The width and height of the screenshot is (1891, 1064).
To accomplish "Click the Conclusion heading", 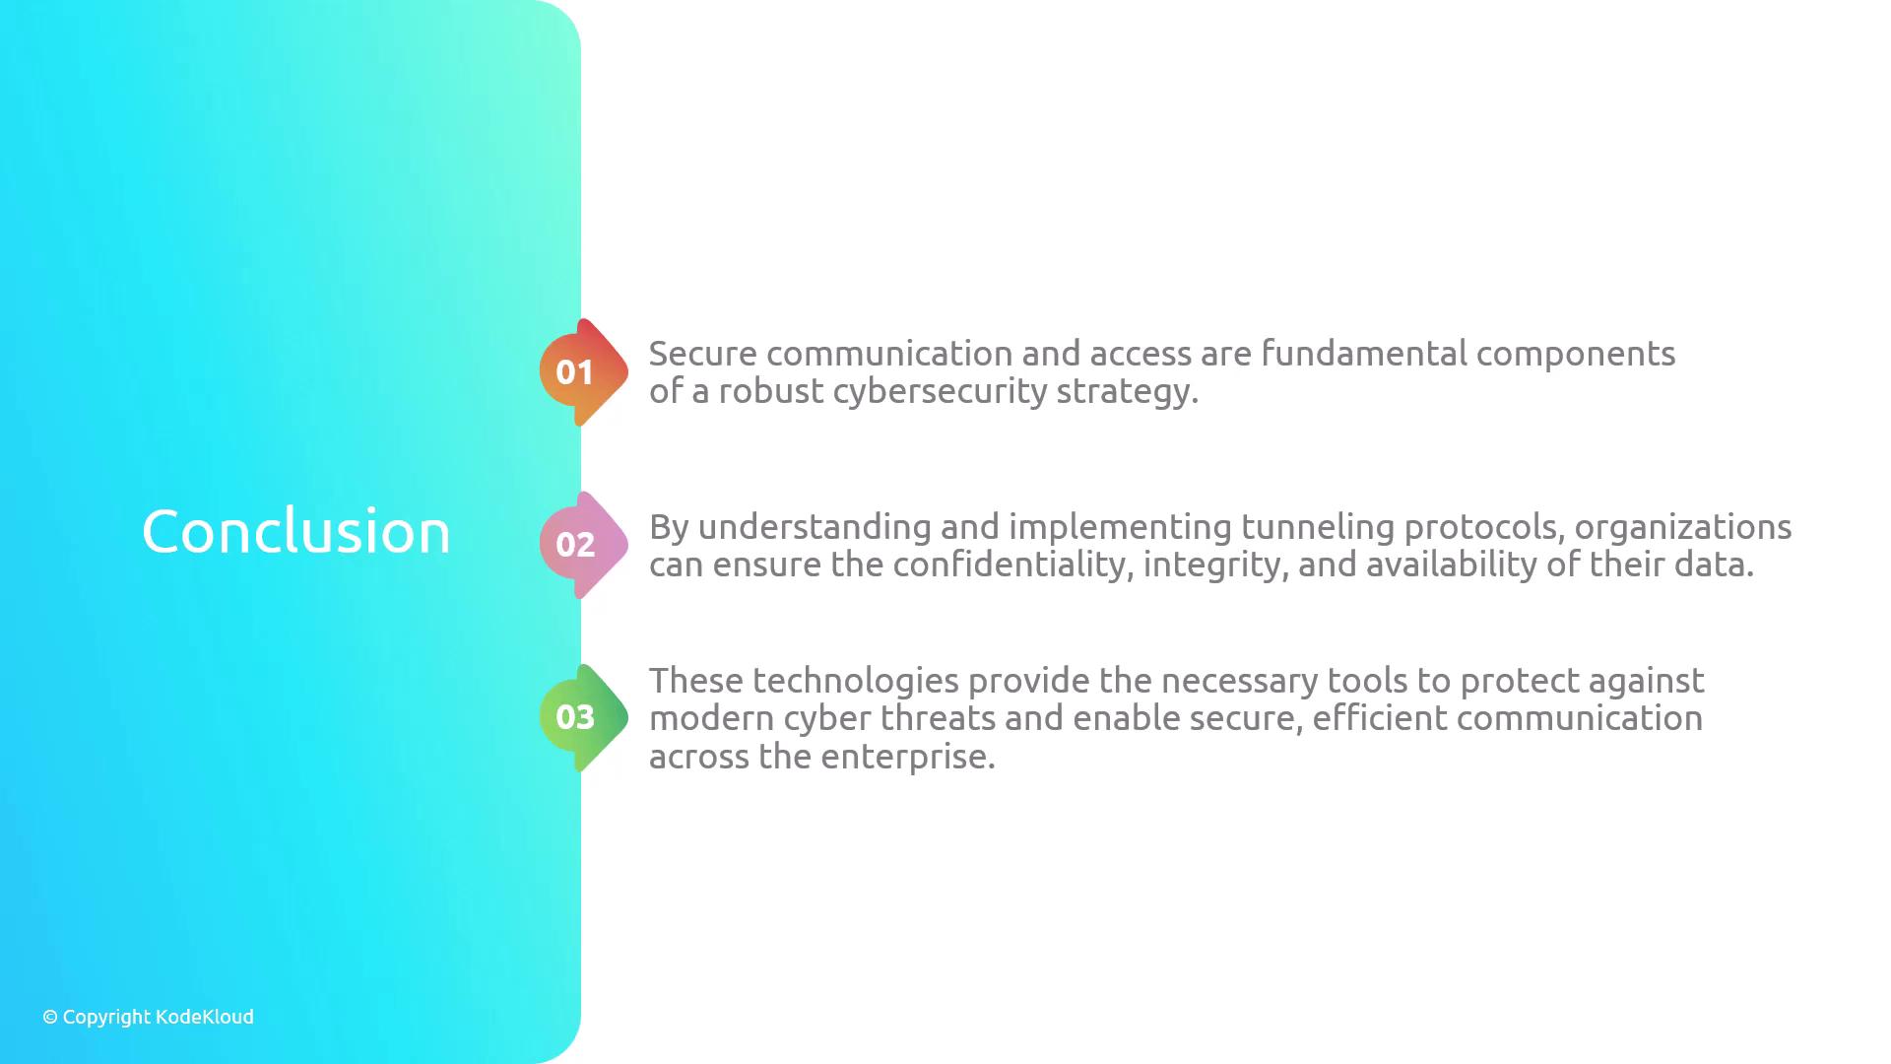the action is tap(296, 531).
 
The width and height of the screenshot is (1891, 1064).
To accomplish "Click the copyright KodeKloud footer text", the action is tap(148, 1017).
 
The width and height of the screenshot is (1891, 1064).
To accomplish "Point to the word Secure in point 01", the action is tap(703, 354).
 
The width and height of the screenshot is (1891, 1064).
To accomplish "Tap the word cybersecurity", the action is tap(940, 392).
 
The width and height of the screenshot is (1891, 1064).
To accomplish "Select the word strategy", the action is tap(1128, 392).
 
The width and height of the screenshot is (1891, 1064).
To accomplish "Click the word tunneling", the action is tap(1318, 527).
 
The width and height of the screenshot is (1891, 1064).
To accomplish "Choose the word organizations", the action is tap(1683, 527).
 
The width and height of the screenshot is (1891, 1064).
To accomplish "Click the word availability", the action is tap(1451, 565).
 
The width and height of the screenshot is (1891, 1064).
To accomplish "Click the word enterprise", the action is tap(908, 758).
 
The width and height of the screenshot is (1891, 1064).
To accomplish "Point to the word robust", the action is tap(771, 391).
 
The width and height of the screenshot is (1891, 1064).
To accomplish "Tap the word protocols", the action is tap(1484, 528).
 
